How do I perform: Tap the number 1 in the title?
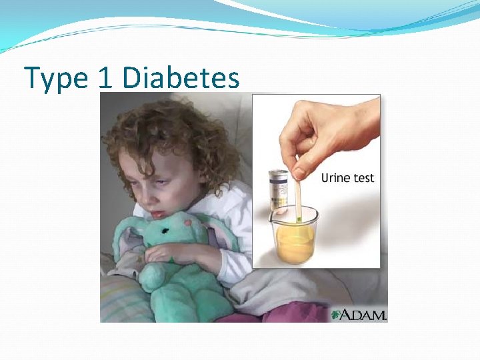104,79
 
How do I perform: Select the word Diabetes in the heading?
181,79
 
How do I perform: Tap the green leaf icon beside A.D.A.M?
337,314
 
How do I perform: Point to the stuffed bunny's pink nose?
189,222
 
